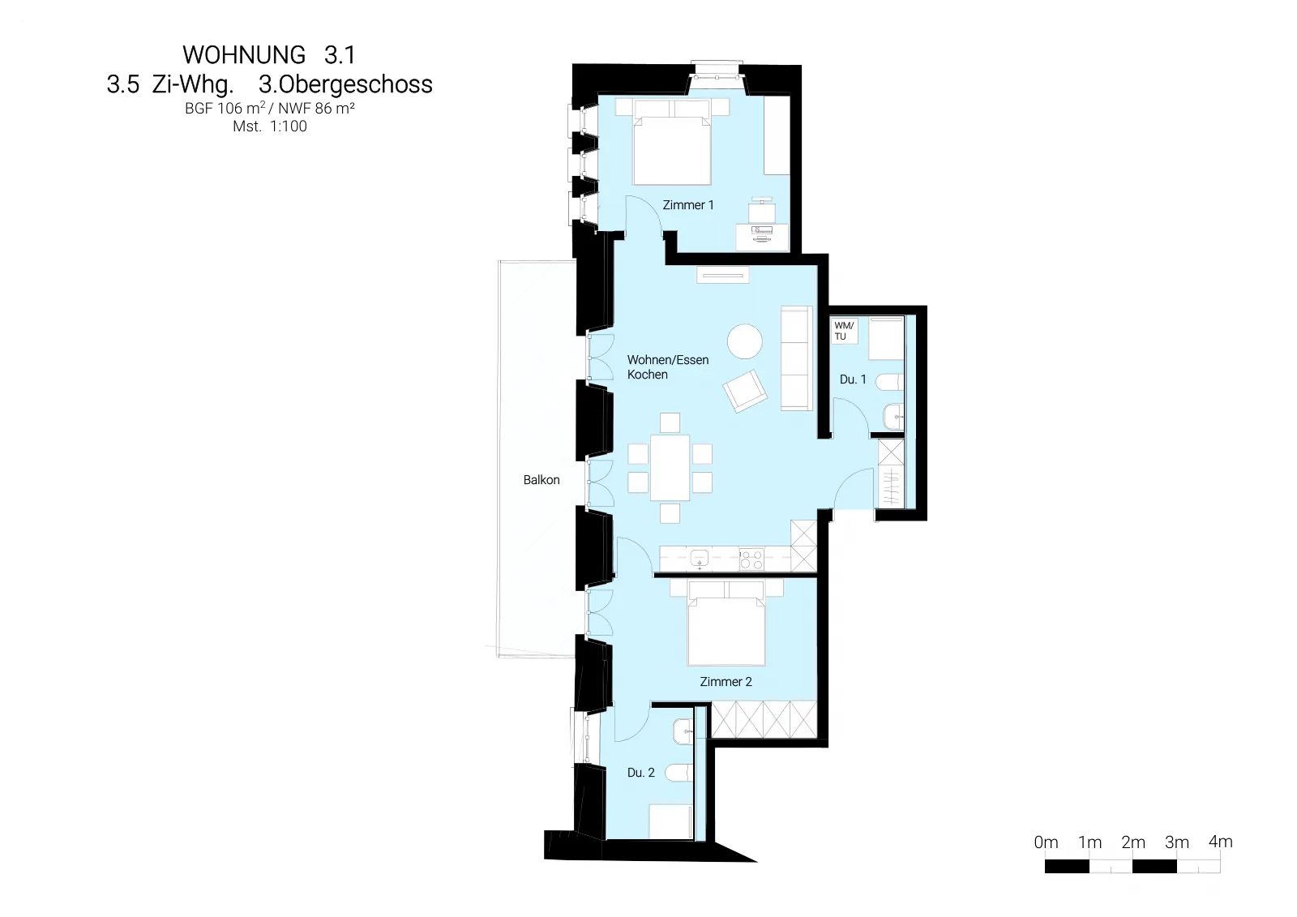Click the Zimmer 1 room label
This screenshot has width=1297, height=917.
coord(688,205)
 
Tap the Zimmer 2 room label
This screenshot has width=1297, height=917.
coord(726,682)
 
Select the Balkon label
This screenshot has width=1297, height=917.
coord(541,480)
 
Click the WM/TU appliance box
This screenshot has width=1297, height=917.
coord(844,331)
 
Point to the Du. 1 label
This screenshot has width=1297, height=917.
coord(853,379)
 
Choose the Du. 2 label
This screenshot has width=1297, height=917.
coord(641,773)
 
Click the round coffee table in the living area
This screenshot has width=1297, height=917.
coord(745,341)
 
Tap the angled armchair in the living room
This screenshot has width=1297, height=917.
coord(745,391)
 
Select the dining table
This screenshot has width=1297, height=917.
coord(670,468)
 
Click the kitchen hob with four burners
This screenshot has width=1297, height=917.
coord(751,559)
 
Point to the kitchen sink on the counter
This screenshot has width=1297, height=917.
coord(700,559)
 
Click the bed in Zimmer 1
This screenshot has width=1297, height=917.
coord(672,143)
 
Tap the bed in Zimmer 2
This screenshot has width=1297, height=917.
coord(726,623)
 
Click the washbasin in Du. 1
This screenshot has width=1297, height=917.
coord(893,416)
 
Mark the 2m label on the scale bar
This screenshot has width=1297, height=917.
coord(1133,842)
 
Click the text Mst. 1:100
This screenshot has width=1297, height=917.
coord(270,126)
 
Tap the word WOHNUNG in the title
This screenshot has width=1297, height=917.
coord(244,55)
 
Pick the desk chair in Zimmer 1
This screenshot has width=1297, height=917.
coord(761,210)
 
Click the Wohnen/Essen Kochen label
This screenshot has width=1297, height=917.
coord(668,367)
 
